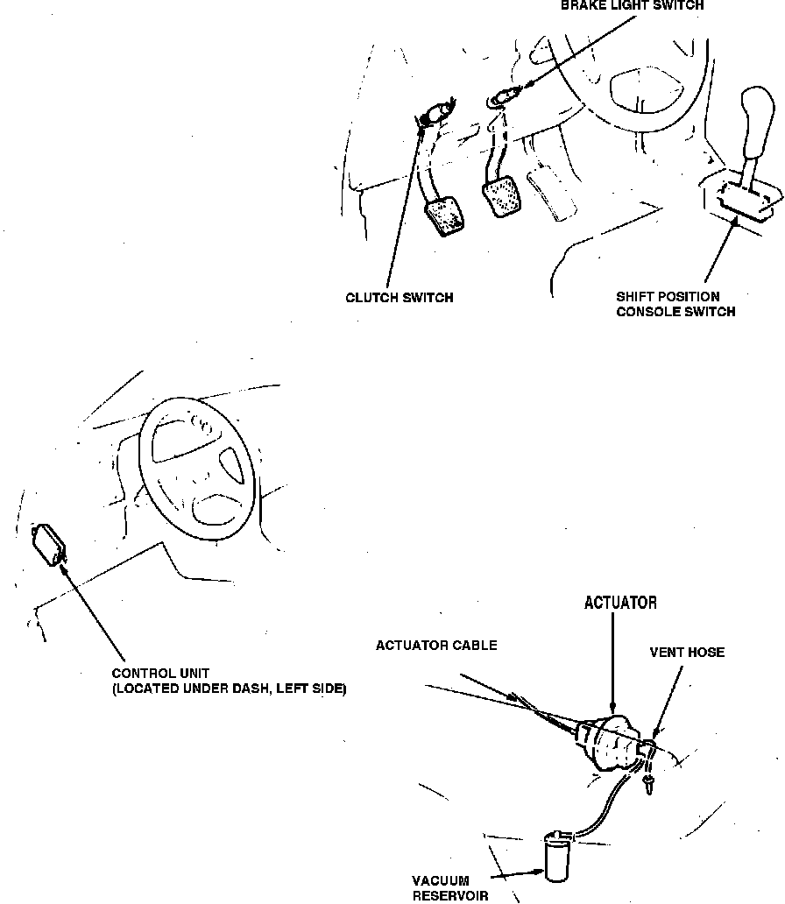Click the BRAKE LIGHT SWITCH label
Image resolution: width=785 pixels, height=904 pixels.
click(x=632, y=5)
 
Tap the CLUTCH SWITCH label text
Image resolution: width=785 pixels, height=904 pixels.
click(x=400, y=298)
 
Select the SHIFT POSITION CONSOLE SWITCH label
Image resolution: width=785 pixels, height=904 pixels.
click(x=675, y=304)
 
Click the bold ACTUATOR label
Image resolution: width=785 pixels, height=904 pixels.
click(x=620, y=603)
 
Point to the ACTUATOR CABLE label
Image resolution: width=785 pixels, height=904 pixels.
click(x=436, y=646)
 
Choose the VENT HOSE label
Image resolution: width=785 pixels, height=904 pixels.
click(x=687, y=653)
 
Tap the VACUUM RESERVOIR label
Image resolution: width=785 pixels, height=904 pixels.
click(x=441, y=887)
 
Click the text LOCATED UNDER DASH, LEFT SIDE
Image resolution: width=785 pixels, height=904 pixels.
click(x=230, y=689)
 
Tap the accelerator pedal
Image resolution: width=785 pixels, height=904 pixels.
click(x=551, y=198)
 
